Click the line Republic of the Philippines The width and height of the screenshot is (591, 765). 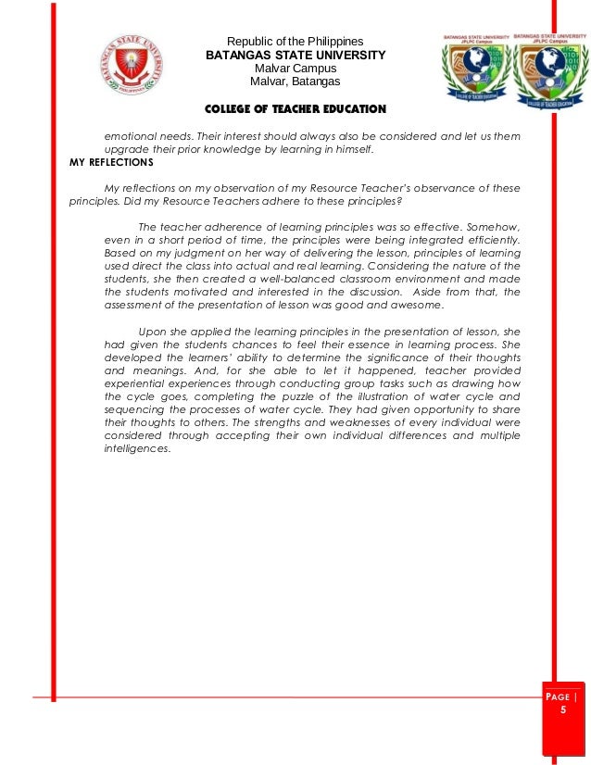295,42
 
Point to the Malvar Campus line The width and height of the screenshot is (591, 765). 295,69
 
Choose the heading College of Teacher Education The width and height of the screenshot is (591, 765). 295,109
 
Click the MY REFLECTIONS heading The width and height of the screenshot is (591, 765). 111,161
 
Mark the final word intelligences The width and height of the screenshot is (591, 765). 137,449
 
